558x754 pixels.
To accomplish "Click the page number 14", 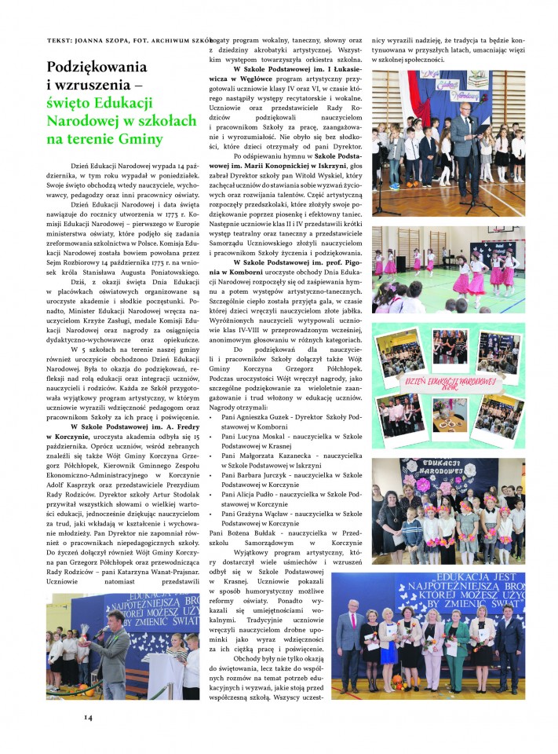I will click(x=88, y=716).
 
